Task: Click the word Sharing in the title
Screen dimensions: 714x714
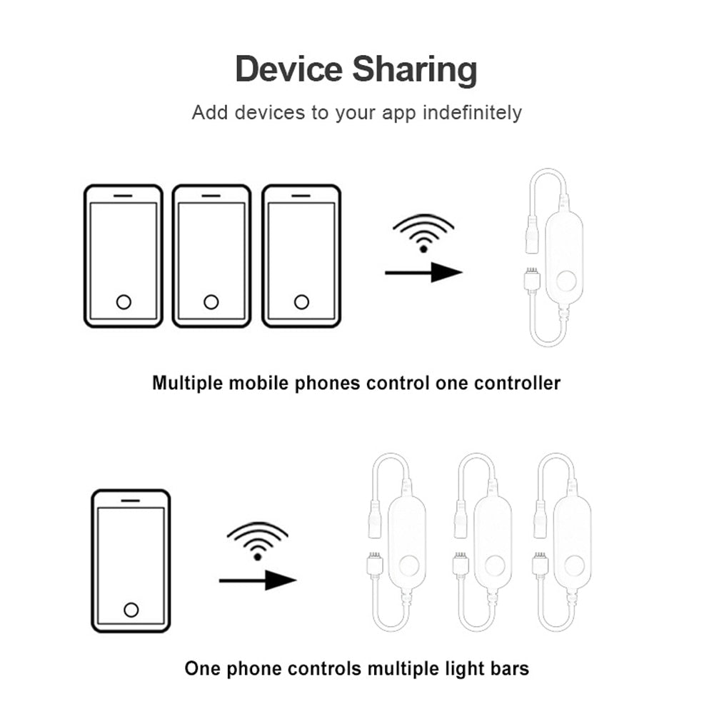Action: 415,71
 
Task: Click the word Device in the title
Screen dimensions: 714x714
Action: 288,69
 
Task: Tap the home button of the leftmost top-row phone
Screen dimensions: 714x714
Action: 124,302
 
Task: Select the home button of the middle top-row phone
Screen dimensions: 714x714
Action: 211,302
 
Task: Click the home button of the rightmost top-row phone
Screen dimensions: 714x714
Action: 301,302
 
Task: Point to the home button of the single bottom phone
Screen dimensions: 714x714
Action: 131,609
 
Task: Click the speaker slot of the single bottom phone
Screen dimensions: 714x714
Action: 131,500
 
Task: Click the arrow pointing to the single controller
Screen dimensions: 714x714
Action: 424,272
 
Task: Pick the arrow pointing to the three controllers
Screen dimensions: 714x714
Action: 258,580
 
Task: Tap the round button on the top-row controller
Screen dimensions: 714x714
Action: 566,281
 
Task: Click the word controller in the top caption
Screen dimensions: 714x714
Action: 518,383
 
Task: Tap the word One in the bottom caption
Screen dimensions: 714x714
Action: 201,669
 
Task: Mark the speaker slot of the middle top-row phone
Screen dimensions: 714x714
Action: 211,194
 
